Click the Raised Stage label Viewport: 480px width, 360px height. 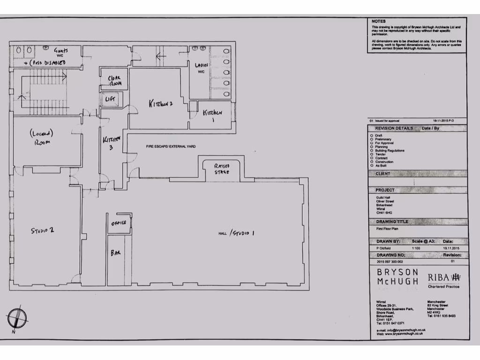click(x=222, y=169)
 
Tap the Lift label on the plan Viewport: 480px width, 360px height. click(x=110, y=99)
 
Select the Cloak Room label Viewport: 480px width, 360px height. click(x=115, y=81)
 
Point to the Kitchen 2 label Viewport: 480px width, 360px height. click(x=161, y=103)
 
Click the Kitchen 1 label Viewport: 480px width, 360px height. click(x=212, y=116)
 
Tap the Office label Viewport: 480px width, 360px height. click(x=119, y=223)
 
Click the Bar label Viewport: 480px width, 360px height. click(x=115, y=253)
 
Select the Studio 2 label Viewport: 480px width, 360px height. click(x=43, y=230)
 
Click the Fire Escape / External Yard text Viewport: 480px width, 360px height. click(x=171, y=147)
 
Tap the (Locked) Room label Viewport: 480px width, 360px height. click(x=42, y=137)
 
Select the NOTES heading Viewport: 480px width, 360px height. click(x=378, y=22)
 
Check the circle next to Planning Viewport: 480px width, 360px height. click(x=372, y=147)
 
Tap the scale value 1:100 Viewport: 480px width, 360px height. click(x=415, y=247)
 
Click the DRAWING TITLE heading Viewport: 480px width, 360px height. click(x=392, y=221)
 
